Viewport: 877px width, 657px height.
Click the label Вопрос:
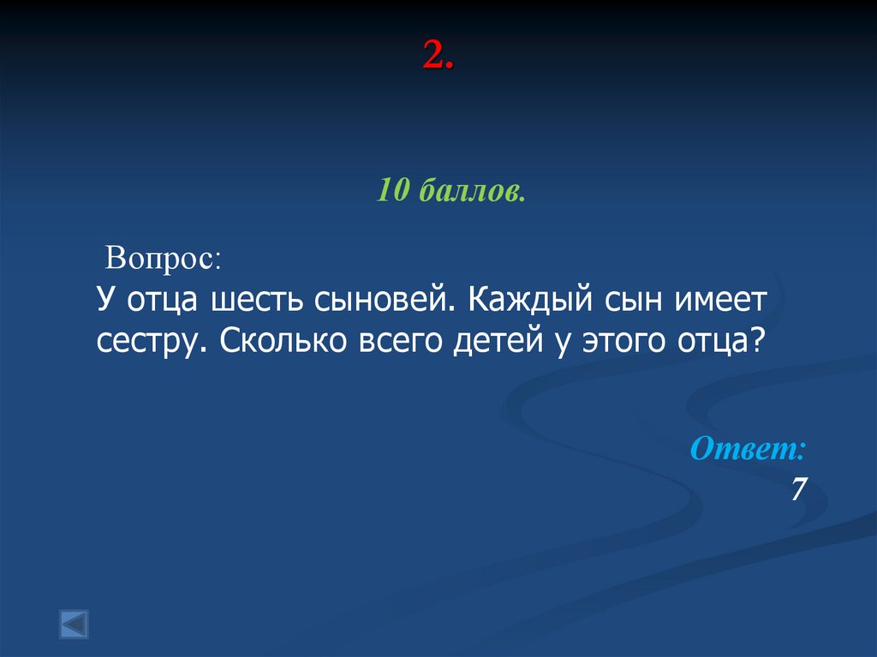pyautogui.click(x=163, y=258)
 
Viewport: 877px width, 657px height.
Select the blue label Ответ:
pyautogui.click(x=749, y=449)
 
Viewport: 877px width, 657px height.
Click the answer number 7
pyautogui.click(x=798, y=490)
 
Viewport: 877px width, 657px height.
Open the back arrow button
pyautogui.click(x=74, y=624)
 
